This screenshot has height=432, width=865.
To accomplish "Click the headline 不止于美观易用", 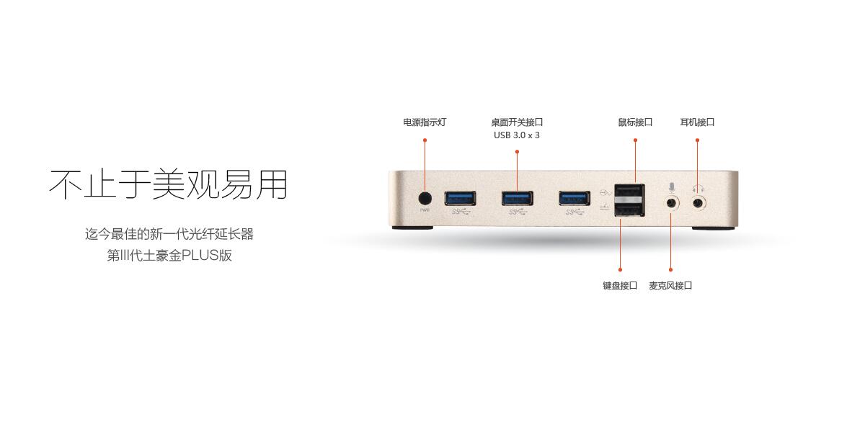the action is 169,184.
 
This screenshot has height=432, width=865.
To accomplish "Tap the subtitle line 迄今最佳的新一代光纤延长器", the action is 169,234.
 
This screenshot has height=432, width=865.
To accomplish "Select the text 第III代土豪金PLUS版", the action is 169,256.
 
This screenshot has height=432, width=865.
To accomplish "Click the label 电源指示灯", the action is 425,122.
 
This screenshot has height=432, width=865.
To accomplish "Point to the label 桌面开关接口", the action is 517,122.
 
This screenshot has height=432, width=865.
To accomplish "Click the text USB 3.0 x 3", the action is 517,135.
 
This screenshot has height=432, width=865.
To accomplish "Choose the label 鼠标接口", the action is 635,122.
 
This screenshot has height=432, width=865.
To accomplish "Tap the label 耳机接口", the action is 698,122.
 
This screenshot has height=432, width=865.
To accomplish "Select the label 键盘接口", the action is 620,286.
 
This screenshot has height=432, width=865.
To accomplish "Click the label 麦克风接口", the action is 671,286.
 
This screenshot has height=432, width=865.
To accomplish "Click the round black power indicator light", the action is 425,199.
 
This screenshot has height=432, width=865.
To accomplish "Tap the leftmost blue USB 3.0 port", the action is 460,198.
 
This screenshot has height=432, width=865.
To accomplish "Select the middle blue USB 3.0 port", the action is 518,198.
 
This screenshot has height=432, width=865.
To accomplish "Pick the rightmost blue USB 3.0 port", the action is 575,198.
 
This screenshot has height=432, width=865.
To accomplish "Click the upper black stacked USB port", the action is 629,192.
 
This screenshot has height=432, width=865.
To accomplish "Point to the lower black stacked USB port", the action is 629,209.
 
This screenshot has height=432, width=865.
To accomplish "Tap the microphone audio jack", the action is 673,202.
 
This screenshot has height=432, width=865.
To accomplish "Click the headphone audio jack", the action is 698,202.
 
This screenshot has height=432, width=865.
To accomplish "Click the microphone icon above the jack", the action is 672,188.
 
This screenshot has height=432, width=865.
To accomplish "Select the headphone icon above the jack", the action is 698,189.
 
